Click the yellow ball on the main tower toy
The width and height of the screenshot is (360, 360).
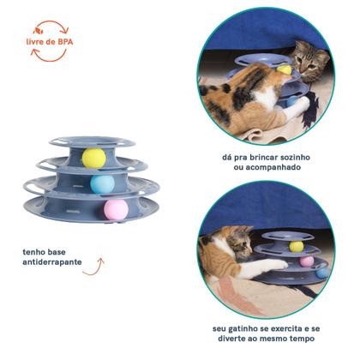point(93,158)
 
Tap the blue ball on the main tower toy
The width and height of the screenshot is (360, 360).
point(102,183)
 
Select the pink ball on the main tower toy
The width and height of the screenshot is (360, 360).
point(116,208)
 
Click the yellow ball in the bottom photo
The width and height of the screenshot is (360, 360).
point(296,246)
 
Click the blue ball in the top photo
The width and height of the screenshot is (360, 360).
point(294,100)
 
